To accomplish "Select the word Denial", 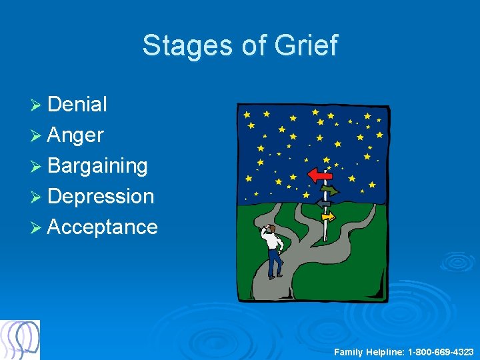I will (77, 105).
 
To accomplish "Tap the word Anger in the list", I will (75, 135).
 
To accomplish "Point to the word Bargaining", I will (97, 166).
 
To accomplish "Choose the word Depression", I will (101, 196).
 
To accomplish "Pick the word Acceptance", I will (103, 227).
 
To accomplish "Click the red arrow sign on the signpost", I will (319, 175).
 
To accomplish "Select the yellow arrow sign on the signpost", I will (327, 216).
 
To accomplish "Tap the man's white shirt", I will (273, 241).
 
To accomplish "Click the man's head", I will (270, 228).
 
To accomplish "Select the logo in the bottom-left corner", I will (20, 339).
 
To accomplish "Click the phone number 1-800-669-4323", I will (441, 351).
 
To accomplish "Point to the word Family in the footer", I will (348, 351).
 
